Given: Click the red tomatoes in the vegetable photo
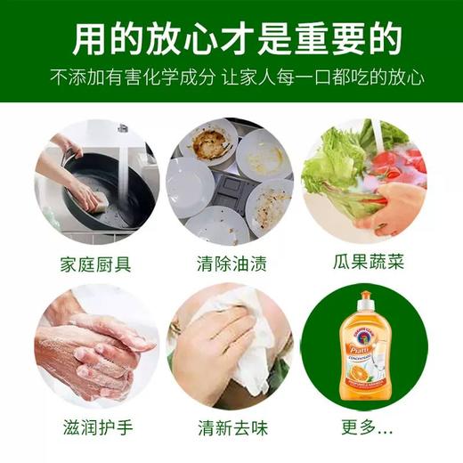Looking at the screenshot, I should pyautogui.click(x=396, y=165).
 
